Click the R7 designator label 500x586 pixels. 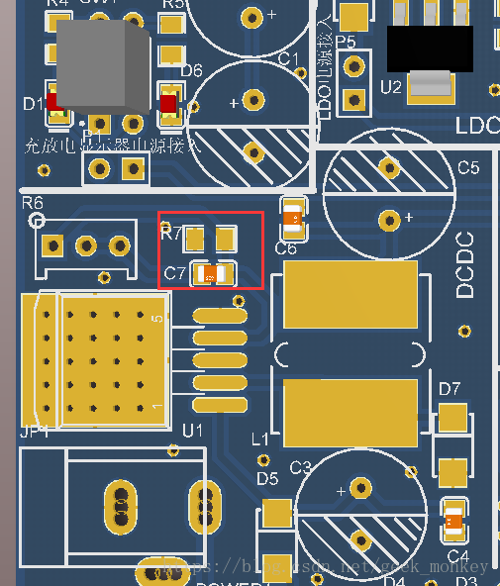click(x=170, y=234)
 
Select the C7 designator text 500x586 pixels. click(x=174, y=273)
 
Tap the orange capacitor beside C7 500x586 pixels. click(x=211, y=275)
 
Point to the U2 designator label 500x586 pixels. click(x=390, y=87)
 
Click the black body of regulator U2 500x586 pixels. click(x=429, y=48)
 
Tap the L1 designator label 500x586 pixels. click(x=261, y=439)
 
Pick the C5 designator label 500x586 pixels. click(x=467, y=168)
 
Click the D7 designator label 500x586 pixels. click(x=450, y=388)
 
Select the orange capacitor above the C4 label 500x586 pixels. click(x=453, y=520)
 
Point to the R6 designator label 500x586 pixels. click(x=33, y=203)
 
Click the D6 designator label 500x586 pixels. click(x=191, y=71)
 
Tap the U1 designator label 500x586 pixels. click(x=192, y=431)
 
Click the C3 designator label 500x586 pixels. click(x=300, y=466)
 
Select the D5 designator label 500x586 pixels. click(x=267, y=479)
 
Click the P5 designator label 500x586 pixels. click(x=345, y=42)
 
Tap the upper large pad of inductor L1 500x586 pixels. click(x=350, y=294)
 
